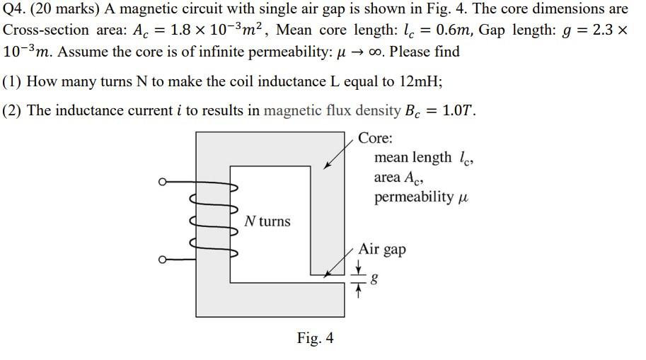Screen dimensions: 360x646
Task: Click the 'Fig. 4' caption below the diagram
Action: tap(315, 338)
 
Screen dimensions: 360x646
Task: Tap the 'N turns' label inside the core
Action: tap(267, 221)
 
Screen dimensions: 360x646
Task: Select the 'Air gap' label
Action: tap(382, 250)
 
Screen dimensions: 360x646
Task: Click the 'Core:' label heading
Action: tap(375, 137)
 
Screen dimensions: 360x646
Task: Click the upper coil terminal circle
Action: tap(162, 182)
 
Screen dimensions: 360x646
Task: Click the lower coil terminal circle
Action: tap(162, 260)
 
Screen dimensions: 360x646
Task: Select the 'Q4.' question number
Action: tap(16, 10)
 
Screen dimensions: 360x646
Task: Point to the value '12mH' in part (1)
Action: tap(420, 81)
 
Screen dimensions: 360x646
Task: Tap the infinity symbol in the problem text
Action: tap(374, 52)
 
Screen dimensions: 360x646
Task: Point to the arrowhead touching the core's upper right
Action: tap(325, 166)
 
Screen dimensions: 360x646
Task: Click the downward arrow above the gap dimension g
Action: tap(359, 267)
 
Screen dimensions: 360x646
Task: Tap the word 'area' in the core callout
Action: tap(388, 177)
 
